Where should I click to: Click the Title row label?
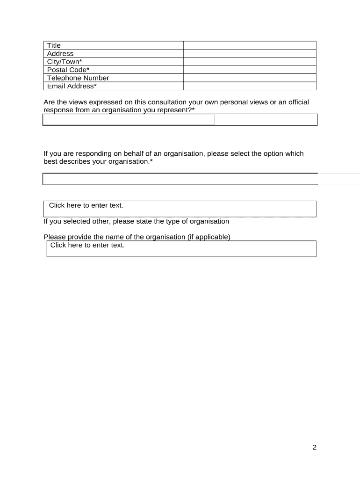pyautogui.click(x=54, y=45)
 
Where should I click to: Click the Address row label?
pyautogui.click(x=60, y=53)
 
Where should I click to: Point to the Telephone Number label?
pyautogui.click(x=78, y=78)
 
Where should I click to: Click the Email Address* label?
pyautogui.click(x=72, y=86)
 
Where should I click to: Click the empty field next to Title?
pyautogui.click(x=250, y=45)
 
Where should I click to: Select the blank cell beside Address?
pyautogui.click(x=250, y=53)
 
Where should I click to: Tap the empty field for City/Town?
pyautogui.click(x=250, y=62)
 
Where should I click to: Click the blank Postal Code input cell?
pyautogui.click(x=250, y=70)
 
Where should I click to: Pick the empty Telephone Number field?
pyautogui.click(x=250, y=78)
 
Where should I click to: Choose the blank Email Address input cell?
pyautogui.click(x=250, y=86)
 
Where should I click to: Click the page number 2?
pyautogui.click(x=315, y=448)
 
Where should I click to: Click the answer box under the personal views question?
pyautogui.click(x=180, y=120)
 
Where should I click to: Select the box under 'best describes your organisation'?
pyautogui.click(x=180, y=179)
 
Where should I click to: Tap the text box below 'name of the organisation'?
pyautogui.click(x=181, y=248)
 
